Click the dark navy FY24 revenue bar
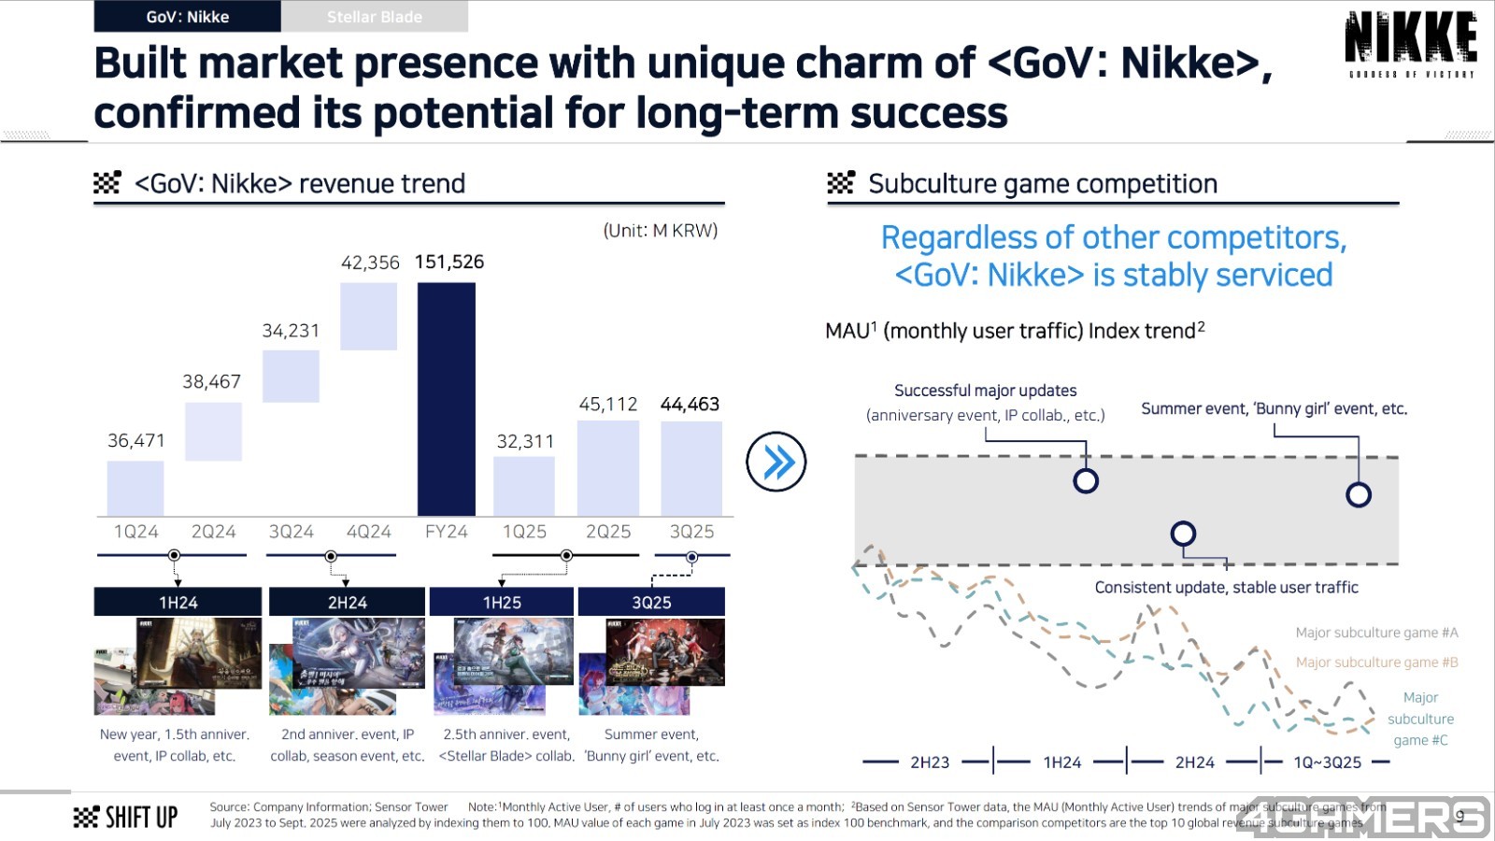[x=446, y=399]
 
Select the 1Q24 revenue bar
[x=135, y=488]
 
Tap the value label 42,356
[x=370, y=263]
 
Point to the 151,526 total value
[x=449, y=262]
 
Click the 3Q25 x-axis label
[x=691, y=532]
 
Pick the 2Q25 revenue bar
[x=607, y=467]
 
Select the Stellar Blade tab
[x=375, y=17]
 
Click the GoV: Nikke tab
[x=188, y=17]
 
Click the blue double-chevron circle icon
[x=776, y=462]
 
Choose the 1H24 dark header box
[x=178, y=602]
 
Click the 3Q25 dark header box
[x=651, y=602]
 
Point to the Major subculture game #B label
[x=1376, y=663]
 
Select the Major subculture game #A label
[x=1376, y=633]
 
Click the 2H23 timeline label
[x=930, y=763]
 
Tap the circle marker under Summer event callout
[x=1359, y=494]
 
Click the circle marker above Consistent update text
[x=1183, y=534]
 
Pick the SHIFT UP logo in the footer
[x=125, y=818]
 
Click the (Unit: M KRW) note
[x=660, y=231]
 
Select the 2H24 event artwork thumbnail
[x=347, y=666]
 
